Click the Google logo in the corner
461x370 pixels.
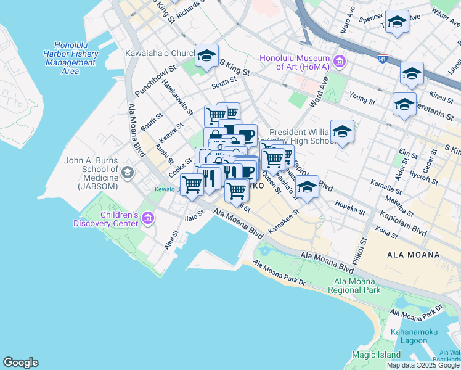click(20, 363)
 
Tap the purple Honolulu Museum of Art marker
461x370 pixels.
click(339, 62)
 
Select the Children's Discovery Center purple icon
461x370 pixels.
click(147, 218)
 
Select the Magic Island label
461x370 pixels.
click(376, 355)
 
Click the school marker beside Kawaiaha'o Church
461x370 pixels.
click(206, 56)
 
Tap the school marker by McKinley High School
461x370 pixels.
click(342, 132)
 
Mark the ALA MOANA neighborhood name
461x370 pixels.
click(413, 255)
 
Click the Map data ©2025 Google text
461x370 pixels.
click(424, 365)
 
